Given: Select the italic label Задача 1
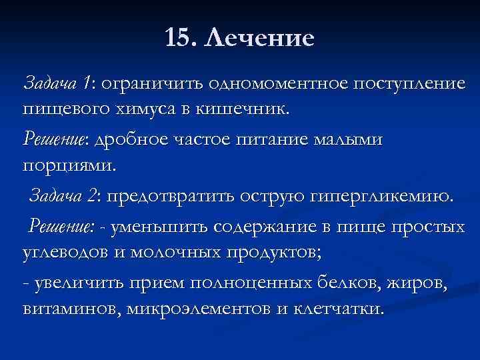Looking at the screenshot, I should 57,85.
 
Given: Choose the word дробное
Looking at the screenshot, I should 130,140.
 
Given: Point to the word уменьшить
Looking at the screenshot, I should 156,228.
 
